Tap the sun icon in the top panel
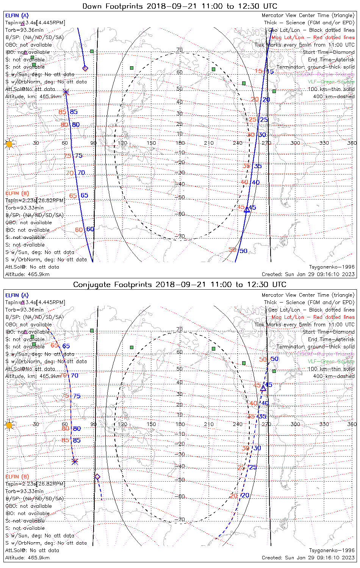click(9, 144)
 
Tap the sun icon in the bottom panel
click(9, 425)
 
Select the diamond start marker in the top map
click(85, 69)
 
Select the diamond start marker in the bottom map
click(97, 477)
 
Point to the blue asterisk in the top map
click(66, 92)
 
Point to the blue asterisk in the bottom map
click(75, 462)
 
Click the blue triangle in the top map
click(247, 209)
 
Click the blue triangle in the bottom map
click(263, 388)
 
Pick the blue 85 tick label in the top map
click(74, 112)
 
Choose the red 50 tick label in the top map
click(232, 250)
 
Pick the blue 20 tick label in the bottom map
click(246, 495)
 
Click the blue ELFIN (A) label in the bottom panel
click(17, 295)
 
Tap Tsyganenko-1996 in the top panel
click(332, 267)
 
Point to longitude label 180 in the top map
click(180, 143)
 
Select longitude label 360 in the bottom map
click(352, 424)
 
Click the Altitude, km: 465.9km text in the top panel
click(33, 97)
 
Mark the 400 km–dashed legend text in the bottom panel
click(331, 376)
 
